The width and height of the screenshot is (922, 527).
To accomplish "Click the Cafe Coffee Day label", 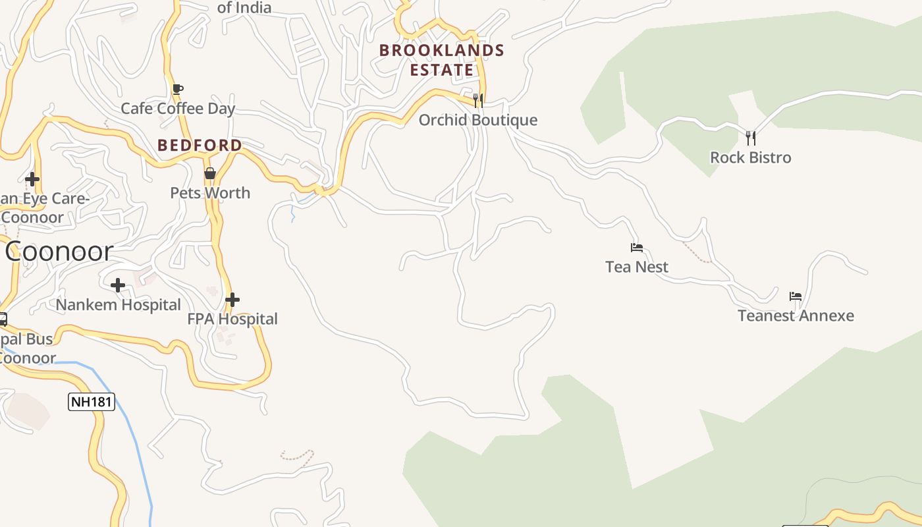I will pyautogui.click(x=178, y=109).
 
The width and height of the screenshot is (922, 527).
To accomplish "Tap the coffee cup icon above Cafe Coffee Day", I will pyautogui.click(x=177, y=89).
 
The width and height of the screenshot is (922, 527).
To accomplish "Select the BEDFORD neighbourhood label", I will pyautogui.click(x=200, y=146).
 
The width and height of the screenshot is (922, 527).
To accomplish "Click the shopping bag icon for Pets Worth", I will pyautogui.click(x=210, y=173).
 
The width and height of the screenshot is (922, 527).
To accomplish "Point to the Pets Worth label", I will pyautogui.click(x=210, y=193).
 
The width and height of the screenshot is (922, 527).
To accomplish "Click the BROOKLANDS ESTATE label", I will pyautogui.click(x=442, y=60).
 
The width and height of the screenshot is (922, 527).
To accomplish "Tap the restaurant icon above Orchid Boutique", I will pyautogui.click(x=478, y=101).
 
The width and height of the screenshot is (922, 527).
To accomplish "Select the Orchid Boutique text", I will pyautogui.click(x=478, y=120).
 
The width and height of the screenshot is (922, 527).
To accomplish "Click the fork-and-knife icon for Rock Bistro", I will pyautogui.click(x=750, y=138).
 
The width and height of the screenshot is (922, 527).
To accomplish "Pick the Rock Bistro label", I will pyautogui.click(x=750, y=157).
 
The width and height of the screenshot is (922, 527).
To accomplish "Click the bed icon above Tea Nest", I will pyautogui.click(x=636, y=248).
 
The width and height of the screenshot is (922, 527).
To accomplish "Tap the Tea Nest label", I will pyautogui.click(x=636, y=267).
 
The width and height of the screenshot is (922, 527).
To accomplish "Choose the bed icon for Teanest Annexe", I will pyautogui.click(x=796, y=296).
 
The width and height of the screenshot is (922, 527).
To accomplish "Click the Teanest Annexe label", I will pyautogui.click(x=796, y=316).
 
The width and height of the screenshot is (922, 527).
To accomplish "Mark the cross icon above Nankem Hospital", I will pyautogui.click(x=118, y=285).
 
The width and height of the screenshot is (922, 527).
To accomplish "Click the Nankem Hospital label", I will pyautogui.click(x=118, y=305).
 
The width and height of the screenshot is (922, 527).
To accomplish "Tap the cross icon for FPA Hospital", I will pyautogui.click(x=232, y=300).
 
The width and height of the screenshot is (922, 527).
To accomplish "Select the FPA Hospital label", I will pyautogui.click(x=232, y=319).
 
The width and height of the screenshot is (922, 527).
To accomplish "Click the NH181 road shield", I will pyautogui.click(x=92, y=402).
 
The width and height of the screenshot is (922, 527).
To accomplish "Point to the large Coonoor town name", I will pyautogui.click(x=59, y=252).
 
